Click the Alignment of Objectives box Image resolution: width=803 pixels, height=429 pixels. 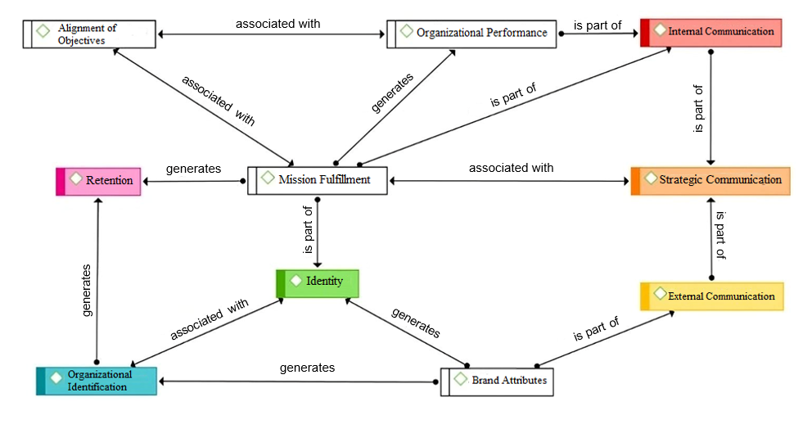(89, 34)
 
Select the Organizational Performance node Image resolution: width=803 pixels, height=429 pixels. (472, 33)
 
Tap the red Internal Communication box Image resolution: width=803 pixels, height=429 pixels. (711, 32)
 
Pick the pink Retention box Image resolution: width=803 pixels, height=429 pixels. (99, 180)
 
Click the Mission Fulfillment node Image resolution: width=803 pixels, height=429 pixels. (317, 180)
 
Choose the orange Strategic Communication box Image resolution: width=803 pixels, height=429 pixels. (711, 180)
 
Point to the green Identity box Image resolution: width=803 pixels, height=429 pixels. (318, 282)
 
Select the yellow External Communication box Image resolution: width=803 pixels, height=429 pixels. (712, 296)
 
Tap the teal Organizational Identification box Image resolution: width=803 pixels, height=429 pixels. (96, 381)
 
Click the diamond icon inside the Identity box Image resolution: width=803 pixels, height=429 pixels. (296, 280)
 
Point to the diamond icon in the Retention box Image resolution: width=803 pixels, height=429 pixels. (75, 178)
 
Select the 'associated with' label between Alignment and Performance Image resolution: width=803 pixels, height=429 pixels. (278, 24)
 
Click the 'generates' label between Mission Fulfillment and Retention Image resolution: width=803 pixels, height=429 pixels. (193, 169)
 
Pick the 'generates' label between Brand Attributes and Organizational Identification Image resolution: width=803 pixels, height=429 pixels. (307, 368)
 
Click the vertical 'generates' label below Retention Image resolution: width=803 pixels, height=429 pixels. (87, 290)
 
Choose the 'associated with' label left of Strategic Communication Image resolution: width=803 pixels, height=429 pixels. (511, 168)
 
